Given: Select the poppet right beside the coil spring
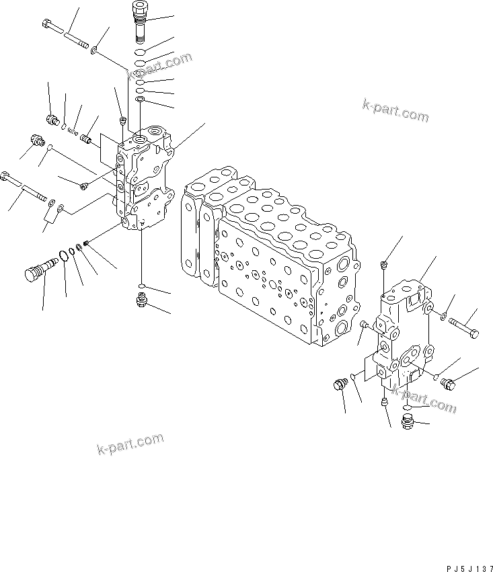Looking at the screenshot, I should pos(85,139).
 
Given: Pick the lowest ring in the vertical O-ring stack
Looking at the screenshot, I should pos(139,100).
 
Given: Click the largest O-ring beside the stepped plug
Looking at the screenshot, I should pos(63,256).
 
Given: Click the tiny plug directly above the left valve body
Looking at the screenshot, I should pos(122,120).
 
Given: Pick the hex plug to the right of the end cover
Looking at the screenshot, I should pos(449,383).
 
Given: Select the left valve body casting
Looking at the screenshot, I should pos(145,181).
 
